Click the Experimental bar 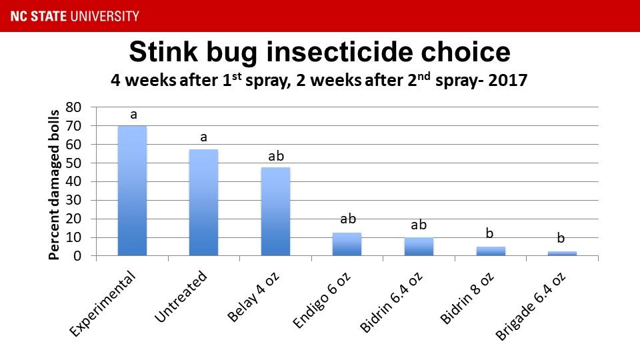pyautogui.click(x=132, y=191)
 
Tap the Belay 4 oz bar pyautogui.click(x=275, y=211)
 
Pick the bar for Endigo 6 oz pyautogui.click(x=347, y=244)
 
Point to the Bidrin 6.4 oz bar pyautogui.click(x=419, y=247)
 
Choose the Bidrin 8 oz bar pyautogui.click(x=491, y=251)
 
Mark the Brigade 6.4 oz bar pyautogui.click(x=562, y=253)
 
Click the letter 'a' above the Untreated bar pyautogui.click(x=204, y=138)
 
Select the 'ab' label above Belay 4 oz pyautogui.click(x=275, y=157)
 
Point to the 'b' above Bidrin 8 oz pyautogui.click(x=490, y=233)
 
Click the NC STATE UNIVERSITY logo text pyautogui.click(x=69, y=15)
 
